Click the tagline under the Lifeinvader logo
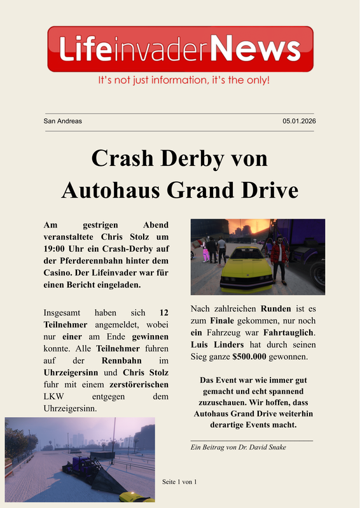tap(184, 81)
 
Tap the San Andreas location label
tap(62, 121)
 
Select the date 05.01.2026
tap(299, 121)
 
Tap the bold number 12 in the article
tap(163, 313)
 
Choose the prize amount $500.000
tap(248, 357)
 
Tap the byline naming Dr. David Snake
tap(239, 447)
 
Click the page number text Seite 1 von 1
tap(180, 481)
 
